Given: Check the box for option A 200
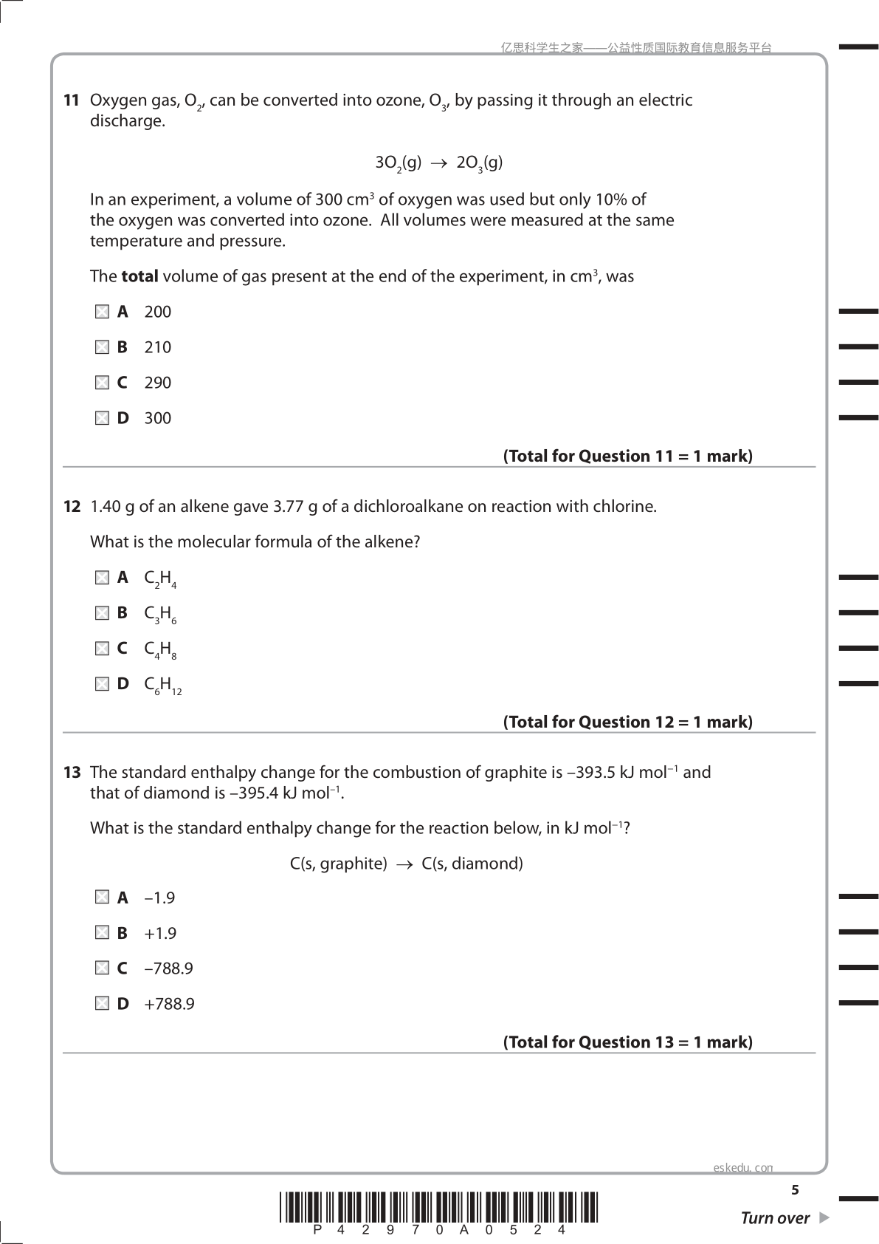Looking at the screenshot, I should click(102, 312).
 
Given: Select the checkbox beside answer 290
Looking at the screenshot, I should click(102, 383).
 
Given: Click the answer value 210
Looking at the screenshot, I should click(158, 348).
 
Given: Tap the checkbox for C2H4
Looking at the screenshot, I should click(102, 578).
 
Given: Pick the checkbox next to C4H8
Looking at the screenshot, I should click(102, 649).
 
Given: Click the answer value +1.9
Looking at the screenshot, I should click(160, 934).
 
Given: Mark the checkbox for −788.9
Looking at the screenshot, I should click(102, 968).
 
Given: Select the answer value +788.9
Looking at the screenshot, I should click(169, 1005).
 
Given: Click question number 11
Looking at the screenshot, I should click(71, 100).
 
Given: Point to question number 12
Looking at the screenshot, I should click(71, 507).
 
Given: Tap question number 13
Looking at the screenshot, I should click(71, 773).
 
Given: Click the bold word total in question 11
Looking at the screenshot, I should click(139, 277).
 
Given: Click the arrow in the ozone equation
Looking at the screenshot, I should click(439, 163).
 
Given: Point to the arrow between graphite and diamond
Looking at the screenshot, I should click(404, 864).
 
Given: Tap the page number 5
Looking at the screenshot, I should click(795, 1190).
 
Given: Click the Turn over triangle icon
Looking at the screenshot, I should click(824, 1217).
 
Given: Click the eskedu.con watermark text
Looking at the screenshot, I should click(743, 1168).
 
